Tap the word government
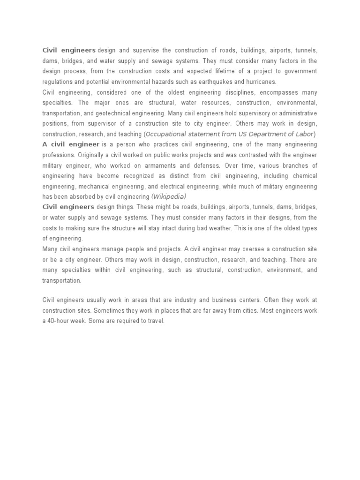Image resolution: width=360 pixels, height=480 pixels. coord(300,71)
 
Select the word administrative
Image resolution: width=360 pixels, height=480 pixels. coord(293,113)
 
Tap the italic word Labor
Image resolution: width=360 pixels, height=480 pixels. coord(304,134)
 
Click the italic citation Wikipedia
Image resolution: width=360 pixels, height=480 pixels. coord(169,196)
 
